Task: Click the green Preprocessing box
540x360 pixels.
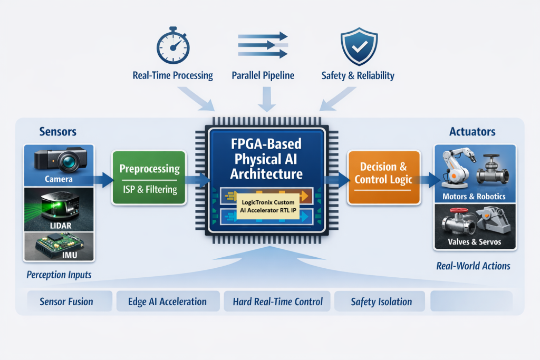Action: click(149, 178)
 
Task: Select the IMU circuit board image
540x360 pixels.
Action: click(59, 245)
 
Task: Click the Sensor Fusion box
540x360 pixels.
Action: click(66, 302)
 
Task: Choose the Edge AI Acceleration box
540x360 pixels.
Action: click(167, 302)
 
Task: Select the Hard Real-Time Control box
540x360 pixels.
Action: click(277, 302)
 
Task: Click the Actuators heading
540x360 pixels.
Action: click(472, 132)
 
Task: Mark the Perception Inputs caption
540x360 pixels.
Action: click(59, 275)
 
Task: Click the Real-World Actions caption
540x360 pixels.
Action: click(473, 266)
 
